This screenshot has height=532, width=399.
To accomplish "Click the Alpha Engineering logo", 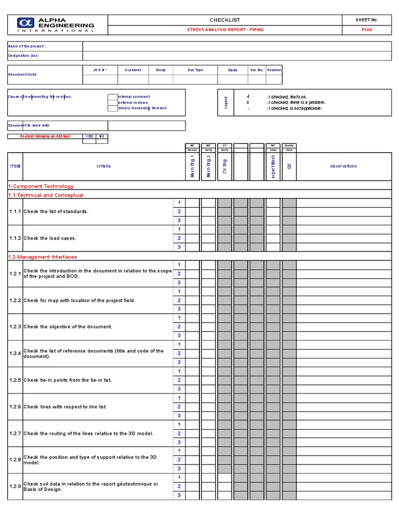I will pyautogui.click(x=56, y=24).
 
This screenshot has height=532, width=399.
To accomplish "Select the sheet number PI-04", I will pyautogui.click(x=366, y=30).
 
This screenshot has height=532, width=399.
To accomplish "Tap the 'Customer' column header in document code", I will pyautogui.click(x=132, y=70).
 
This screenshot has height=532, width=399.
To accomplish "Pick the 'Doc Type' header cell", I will pyautogui.click(x=195, y=70).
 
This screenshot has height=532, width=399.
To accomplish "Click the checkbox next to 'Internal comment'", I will pyautogui.click(x=113, y=97).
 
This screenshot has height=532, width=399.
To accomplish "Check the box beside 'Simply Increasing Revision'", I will pyautogui.click(x=113, y=108).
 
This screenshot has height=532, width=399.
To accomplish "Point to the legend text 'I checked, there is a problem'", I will pyautogui.click(x=296, y=102).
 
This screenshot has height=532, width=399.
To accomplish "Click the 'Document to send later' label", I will pyautogui.click(x=29, y=125).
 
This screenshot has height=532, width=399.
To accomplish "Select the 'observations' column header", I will pyautogui.click(x=343, y=166).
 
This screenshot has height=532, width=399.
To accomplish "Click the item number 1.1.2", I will pyautogui.click(x=15, y=238).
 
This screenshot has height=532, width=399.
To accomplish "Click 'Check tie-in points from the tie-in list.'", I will pyautogui.click(x=68, y=380).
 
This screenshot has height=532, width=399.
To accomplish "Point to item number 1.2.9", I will pyautogui.click(x=15, y=486).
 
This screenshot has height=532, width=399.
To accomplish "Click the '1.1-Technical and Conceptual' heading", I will pyautogui.click(x=46, y=195).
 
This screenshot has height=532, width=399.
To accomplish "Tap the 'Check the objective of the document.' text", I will pyautogui.click(x=68, y=327).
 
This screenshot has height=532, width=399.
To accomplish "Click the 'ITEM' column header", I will pyautogui.click(x=15, y=166).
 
